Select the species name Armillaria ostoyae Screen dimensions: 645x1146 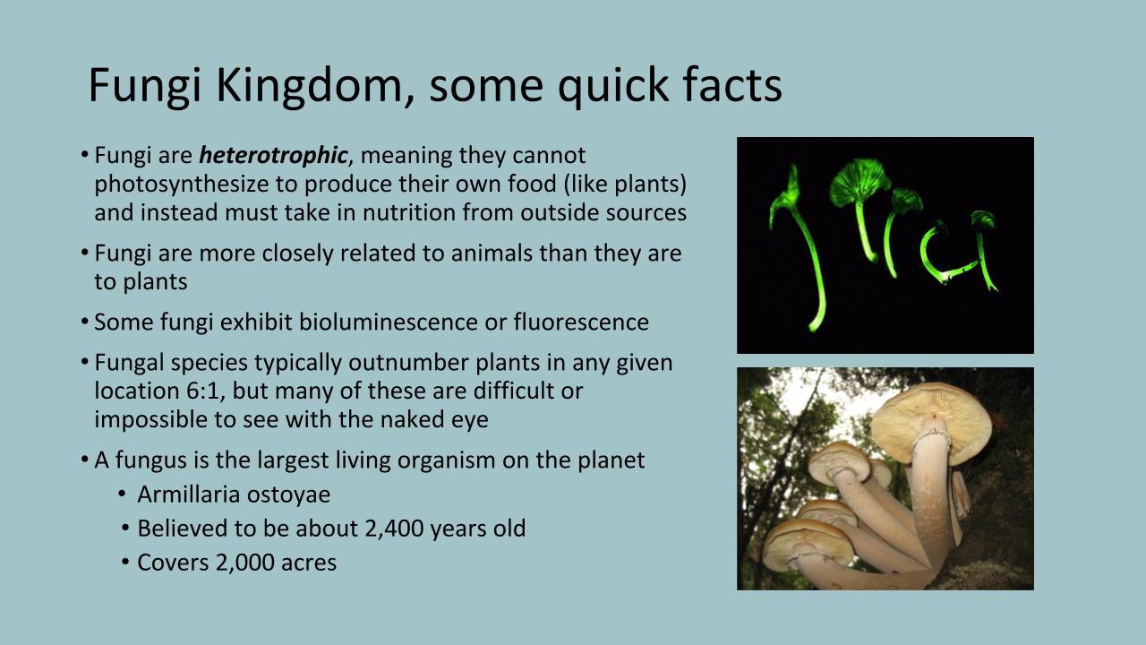click(x=234, y=494)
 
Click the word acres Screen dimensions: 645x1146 click(x=307, y=563)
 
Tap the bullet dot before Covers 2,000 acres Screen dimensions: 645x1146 click(x=126, y=563)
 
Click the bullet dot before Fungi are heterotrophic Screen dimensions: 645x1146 click(x=85, y=155)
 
